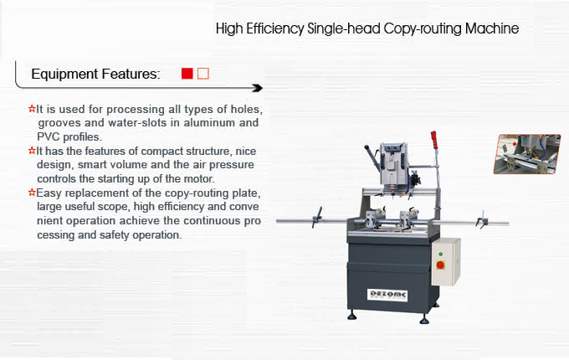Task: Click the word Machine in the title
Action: click(492, 28)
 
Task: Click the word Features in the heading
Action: click(131, 74)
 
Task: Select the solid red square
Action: click(187, 74)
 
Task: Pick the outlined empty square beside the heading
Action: click(203, 74)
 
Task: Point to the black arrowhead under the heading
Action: click(258, 88)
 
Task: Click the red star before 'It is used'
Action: click(32, 109)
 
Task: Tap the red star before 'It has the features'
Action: click(32, 150)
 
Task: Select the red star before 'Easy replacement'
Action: click(32, 192)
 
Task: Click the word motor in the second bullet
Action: click(199, 178)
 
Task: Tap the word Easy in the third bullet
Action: click(49, 193)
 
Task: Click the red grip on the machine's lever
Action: click(434, 140)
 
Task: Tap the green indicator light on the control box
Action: click(440, 254)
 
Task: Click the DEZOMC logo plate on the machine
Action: click(387, 295)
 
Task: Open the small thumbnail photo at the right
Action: click(527, 154)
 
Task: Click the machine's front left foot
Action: click(351, 316)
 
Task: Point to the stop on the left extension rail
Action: click(317, 218)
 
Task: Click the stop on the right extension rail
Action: click(482, 219)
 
